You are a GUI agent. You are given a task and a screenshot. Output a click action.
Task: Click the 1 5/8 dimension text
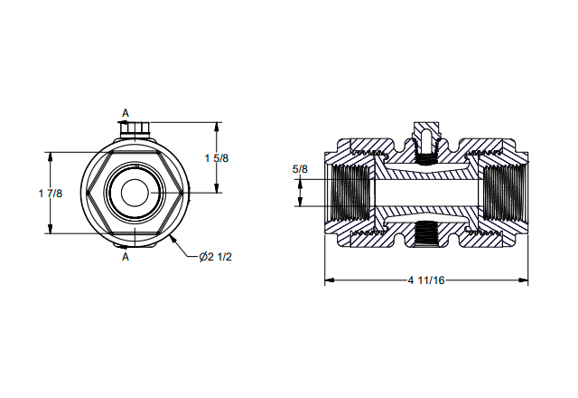pos(217,158)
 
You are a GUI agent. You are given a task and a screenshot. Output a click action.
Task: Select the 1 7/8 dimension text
pos(51,193)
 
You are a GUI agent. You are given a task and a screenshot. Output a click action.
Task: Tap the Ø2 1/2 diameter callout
pos(216,257)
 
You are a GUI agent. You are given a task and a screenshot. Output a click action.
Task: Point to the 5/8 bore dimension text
pos(300,169)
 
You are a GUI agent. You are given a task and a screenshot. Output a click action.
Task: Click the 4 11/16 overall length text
pos(426,280)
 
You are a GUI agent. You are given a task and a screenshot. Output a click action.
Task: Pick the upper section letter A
pos(126,113)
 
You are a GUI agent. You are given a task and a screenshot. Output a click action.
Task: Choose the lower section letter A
pos(126,257)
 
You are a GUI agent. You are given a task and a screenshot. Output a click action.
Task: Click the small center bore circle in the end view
pos(135,193)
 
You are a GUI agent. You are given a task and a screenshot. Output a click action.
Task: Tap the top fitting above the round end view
pos(135,129)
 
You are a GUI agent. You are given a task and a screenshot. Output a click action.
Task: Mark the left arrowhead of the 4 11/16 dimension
pos(329,280)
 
